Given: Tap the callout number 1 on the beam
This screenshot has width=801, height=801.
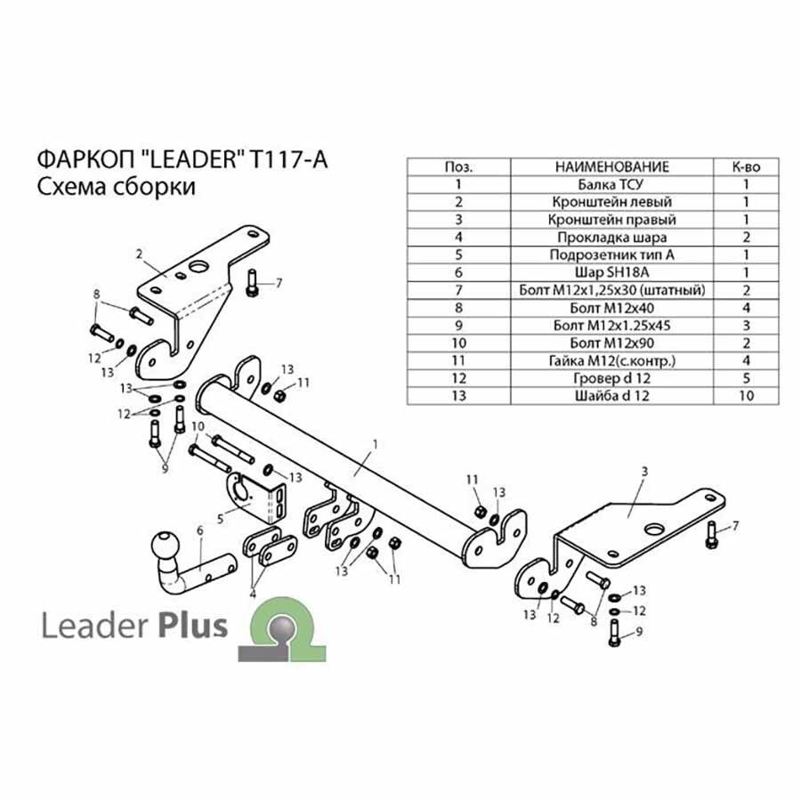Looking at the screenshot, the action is coord(376,444).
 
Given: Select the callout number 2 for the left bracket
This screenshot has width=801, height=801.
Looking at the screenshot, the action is coord(139,254).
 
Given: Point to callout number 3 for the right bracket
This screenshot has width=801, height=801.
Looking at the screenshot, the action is coord(644,472).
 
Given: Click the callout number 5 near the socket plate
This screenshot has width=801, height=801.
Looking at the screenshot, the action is coord(220,520).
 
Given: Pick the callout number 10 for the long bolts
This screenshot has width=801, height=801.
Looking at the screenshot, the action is coord(198,426).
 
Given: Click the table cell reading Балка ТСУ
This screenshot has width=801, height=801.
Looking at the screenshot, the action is coord(611,184).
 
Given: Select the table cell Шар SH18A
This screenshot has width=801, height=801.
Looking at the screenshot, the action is coord(611,272).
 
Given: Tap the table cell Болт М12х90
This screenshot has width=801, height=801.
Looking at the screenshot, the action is coord(611,343).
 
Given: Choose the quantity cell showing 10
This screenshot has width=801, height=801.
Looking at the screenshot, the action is coord(746,396).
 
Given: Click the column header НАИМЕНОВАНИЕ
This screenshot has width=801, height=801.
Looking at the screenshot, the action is coord(611,166).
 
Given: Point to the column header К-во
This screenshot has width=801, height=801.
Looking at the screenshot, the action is coord(746,166).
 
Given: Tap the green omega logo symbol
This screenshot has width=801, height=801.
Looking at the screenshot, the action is coord(282,629).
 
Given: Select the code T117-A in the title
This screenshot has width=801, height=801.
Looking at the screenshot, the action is coord(287,159).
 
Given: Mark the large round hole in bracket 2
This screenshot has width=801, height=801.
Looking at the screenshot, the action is coord(198,267).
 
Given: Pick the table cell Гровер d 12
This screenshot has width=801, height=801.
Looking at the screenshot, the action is coord(611,378).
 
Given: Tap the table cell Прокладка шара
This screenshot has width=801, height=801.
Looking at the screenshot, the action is coord(611,237).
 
